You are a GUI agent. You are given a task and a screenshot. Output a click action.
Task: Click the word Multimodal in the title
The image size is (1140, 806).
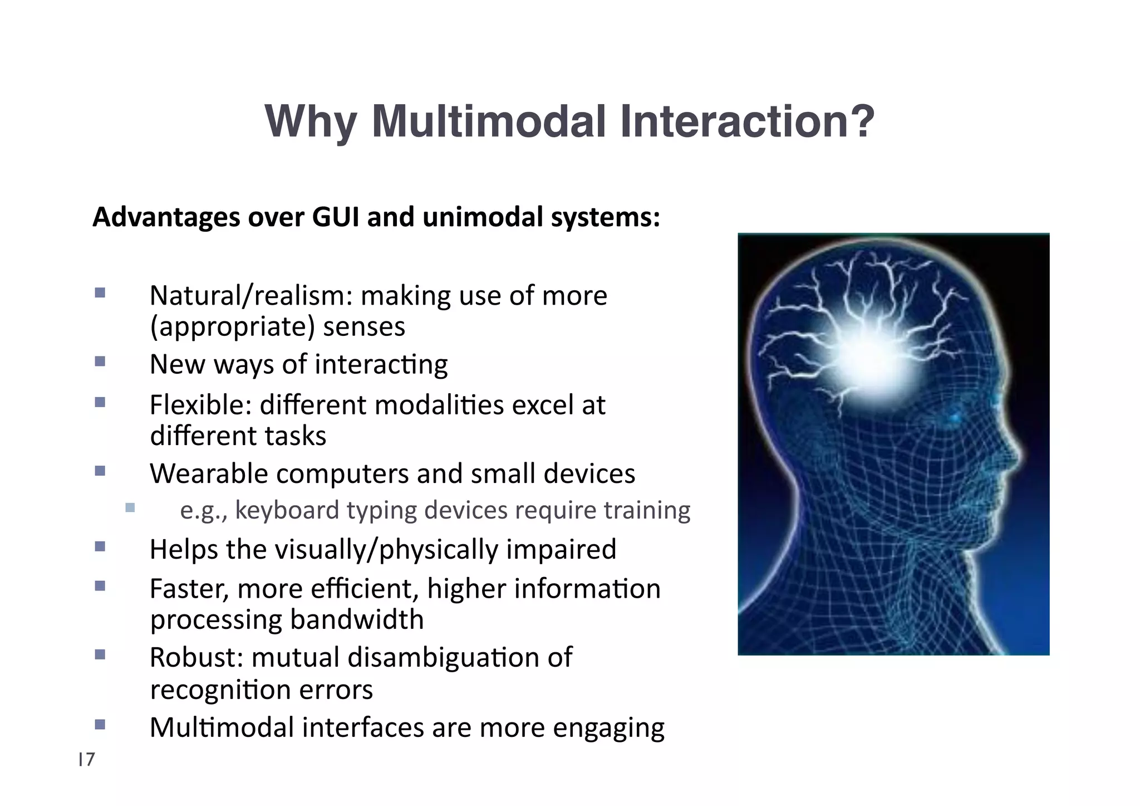point(488,122)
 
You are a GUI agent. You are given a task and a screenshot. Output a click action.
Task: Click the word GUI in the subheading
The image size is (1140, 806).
point(336,217)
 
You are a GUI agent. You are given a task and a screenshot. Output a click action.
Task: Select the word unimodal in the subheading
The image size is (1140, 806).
point(482,217)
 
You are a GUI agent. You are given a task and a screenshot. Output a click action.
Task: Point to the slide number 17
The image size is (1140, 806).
point(87,759)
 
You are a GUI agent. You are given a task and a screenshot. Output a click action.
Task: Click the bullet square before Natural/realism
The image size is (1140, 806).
point(100,292)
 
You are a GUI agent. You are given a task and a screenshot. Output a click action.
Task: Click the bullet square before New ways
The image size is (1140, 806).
point(100,362)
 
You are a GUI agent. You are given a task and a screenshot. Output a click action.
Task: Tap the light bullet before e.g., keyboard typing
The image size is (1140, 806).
point(130,507)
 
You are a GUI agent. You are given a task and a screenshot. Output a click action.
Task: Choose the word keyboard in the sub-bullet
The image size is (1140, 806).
point(287,510)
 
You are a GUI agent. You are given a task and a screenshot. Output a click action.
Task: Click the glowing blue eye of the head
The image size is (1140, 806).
point(955,417)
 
